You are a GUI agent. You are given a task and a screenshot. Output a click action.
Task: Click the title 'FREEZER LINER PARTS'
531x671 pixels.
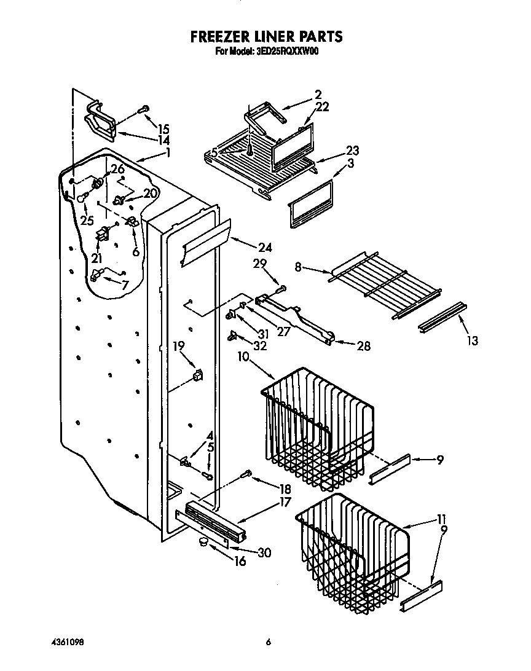[266, 37]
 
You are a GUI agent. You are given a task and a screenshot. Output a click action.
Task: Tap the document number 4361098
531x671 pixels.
[67, 642]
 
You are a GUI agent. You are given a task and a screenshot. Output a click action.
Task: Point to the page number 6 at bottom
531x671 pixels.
[268, 642]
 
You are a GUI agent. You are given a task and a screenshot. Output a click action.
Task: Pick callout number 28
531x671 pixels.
[363, 346]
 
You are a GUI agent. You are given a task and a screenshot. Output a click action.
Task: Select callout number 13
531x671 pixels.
[473, 340]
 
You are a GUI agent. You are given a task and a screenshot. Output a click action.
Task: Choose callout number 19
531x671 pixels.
[178, 346]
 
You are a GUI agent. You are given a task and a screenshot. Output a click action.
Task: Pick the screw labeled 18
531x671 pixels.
[246, 473]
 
